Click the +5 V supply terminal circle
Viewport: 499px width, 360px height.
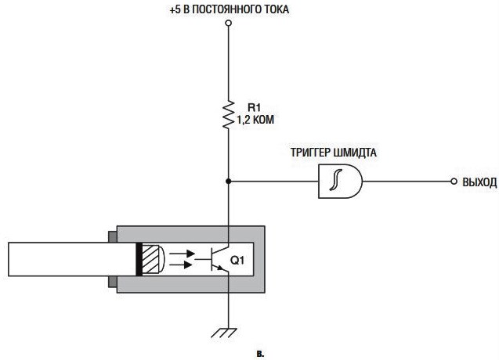point(228,23)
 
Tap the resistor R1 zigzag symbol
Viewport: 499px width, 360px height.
point(228,115)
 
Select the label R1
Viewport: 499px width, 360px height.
point(254,107)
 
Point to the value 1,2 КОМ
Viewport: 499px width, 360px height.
point(255,120)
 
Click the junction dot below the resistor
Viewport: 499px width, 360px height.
point(228,182)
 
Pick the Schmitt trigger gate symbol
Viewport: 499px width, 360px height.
point(340,182)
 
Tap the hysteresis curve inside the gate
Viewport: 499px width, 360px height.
point(336,180)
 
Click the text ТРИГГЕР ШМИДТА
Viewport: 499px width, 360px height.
point(333,153)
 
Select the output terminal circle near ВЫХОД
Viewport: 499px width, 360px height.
point(454,182)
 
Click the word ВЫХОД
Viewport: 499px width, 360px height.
point(479,182)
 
